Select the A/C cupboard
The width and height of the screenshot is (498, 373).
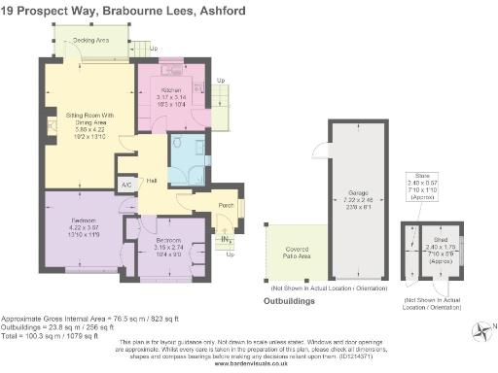click(126, 184)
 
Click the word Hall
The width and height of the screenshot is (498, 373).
click(152, 181)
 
